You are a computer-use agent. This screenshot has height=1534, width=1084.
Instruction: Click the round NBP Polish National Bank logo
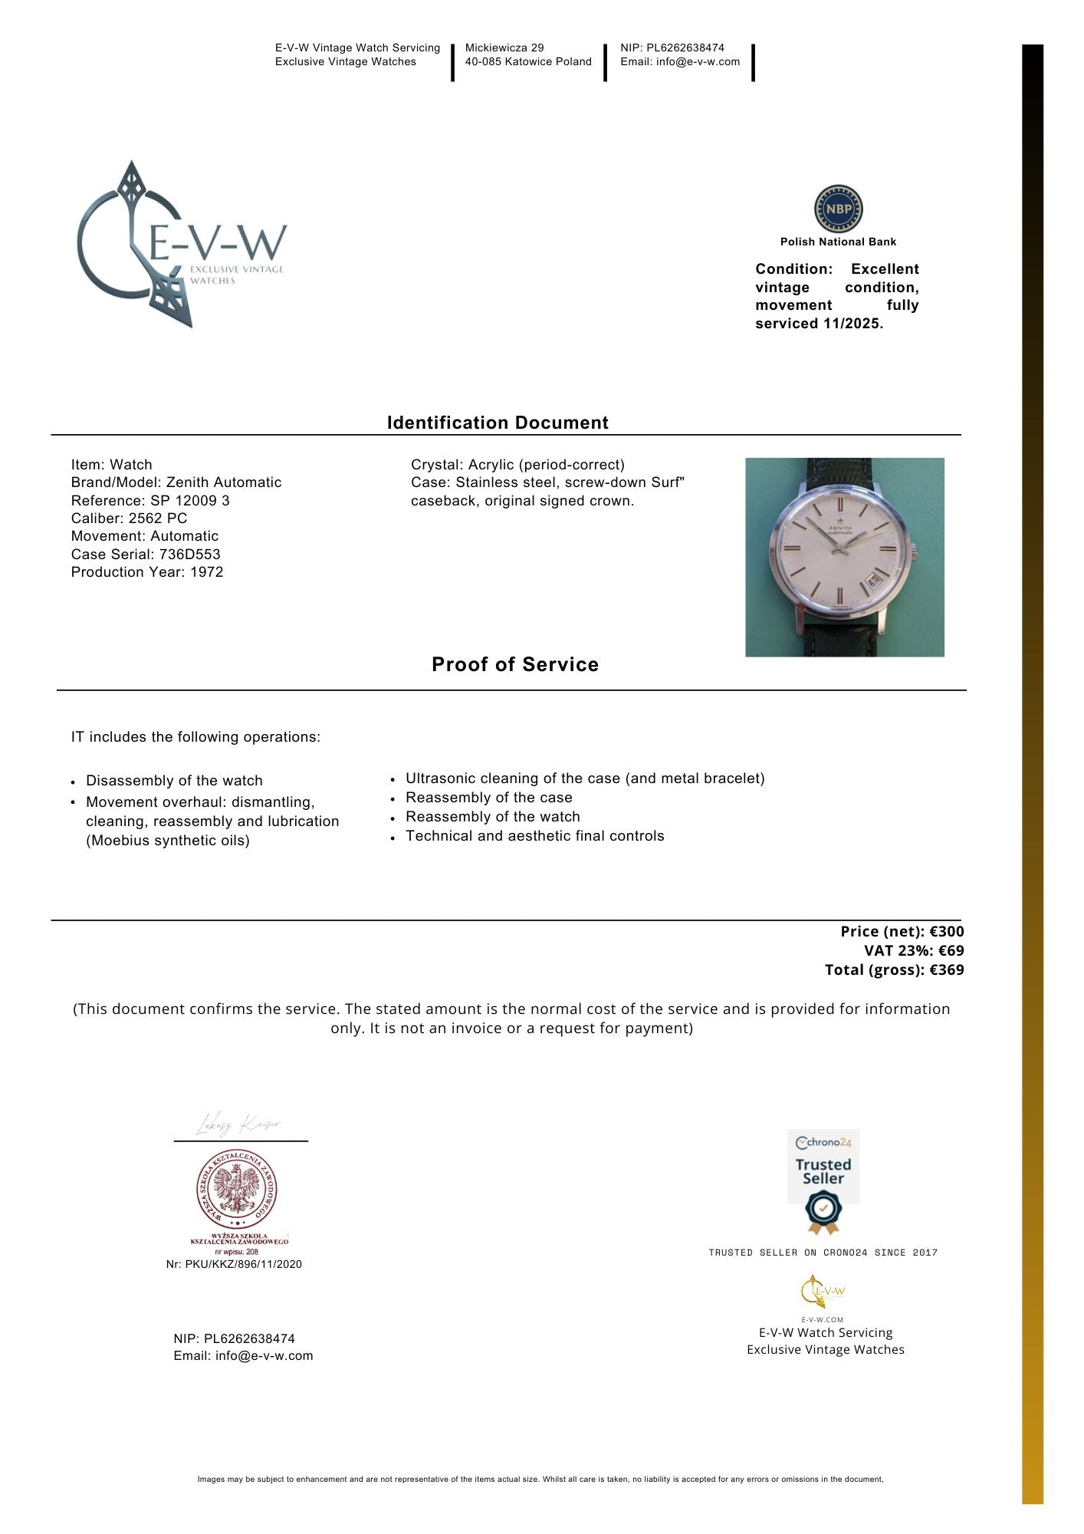coord(838,209)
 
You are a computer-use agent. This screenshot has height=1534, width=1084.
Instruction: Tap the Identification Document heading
coord(498,423)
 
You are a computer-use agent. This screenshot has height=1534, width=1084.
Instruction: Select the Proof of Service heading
coord(515,664)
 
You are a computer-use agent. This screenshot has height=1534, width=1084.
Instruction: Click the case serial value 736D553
coord(189,554)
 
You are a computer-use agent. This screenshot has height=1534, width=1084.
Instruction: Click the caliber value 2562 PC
coord(157,518)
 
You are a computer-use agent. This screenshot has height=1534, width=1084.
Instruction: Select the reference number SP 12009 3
coord(190,501)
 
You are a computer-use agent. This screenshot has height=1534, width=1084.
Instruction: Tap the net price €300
coord(947,932)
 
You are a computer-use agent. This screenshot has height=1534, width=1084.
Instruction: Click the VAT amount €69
coord(951,951)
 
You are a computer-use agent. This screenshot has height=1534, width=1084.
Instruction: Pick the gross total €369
coord(947,970)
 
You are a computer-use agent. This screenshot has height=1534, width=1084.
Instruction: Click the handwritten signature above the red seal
coord(238,1125)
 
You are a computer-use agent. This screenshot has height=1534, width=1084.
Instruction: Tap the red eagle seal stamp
coord(237,1190)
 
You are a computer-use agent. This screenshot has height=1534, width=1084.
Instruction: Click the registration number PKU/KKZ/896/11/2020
coord(243,1264)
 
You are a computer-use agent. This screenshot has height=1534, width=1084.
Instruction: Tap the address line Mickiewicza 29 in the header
coord(504,48)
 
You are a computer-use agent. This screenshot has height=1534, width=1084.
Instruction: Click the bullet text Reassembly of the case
coord(489,798)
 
